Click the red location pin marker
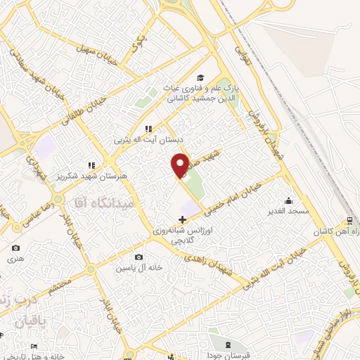[x=180, y=165]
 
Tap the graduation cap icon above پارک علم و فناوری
[x=200, y=77]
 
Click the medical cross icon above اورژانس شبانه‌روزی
[x=183, y=219]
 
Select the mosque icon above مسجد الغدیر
[x=288, y=200]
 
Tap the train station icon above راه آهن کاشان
[x=352, y=220]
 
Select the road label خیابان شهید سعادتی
[x=35, y=71]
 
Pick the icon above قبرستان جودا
[x=230, y=345]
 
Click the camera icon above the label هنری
[x=15, y=248]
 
